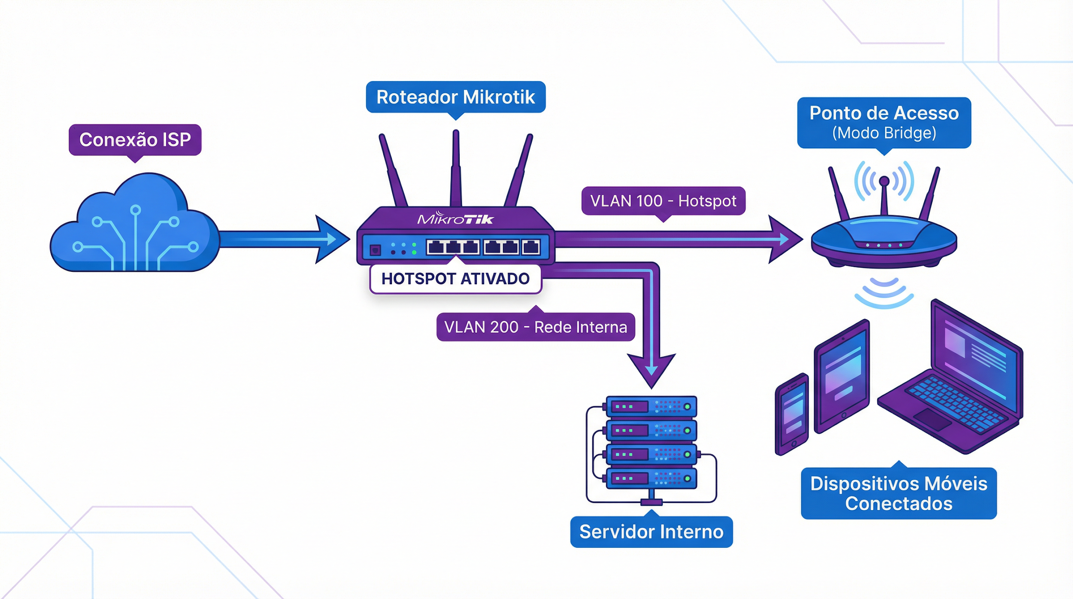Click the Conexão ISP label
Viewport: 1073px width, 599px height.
click(x=135, y=140)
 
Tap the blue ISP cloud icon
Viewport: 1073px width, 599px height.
click(x=135, y=228)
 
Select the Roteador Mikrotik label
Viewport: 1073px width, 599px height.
click(x=455, y=97)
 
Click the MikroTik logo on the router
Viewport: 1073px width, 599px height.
click(x=455, y=219)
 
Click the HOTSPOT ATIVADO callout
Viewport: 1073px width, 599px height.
click(x=455, y=279)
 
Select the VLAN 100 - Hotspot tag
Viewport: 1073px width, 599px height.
click(x=663, y=201)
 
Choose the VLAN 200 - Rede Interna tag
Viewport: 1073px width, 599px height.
click(x=535, y=327)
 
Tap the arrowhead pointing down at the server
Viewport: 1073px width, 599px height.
click(x=652, y=369)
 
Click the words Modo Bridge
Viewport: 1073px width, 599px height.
click(x=884, y=133)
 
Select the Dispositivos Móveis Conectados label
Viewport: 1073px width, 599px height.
click(x=899, y=493)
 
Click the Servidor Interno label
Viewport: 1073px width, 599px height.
click(x=651, y=532)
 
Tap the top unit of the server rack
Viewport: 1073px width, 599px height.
click(x=651, y=406)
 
